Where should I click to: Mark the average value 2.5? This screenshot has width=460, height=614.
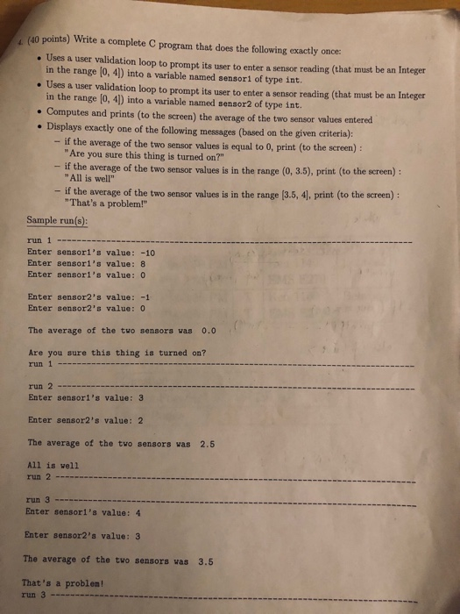[x=208, y=444]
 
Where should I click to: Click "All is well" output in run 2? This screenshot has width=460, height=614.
[x=53, y=466]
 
